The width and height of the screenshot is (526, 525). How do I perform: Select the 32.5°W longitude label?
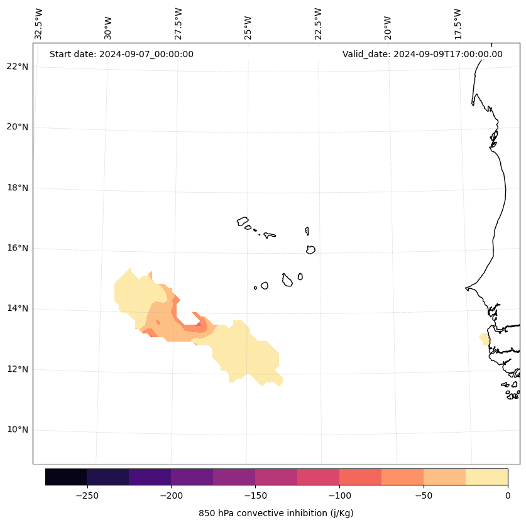pos(39,24)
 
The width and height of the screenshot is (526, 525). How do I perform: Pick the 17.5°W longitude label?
pos(458,24)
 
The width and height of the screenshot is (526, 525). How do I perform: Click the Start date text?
pos(121,54)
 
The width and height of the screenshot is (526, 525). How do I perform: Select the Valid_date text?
pos(422,54)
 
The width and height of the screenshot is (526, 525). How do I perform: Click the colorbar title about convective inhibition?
pos(276,513)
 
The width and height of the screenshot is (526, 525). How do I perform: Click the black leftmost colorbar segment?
pos(66,477)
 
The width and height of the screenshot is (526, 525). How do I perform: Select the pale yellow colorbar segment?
pos(486,477)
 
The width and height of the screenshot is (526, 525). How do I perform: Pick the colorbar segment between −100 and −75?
pos(360,477)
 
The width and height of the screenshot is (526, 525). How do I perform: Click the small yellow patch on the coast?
pos(485,338)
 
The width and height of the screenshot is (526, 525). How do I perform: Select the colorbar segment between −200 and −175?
pos(192,477)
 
